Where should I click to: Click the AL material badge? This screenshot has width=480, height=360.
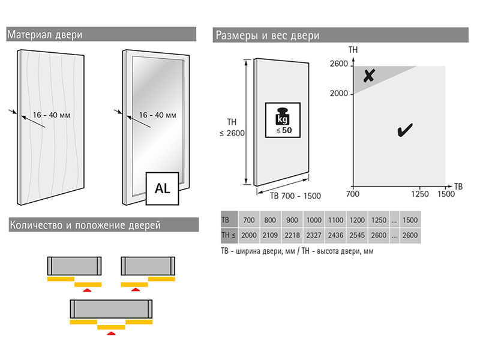pos(163,188)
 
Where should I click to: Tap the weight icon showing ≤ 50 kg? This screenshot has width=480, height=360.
pos(281,119)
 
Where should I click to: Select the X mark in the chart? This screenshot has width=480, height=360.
pos(369,76)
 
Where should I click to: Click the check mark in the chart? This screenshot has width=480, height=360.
pos(404,129)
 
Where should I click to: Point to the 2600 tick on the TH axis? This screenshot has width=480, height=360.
pos(339,65)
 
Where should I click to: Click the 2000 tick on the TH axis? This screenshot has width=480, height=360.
pos(339,94)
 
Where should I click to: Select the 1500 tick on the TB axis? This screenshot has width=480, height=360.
pos(446,194)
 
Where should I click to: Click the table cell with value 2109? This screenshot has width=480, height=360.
pos(271,236)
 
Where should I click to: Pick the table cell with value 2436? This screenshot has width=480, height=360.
pos(336,236)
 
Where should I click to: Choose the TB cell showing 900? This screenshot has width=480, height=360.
pos(292,220)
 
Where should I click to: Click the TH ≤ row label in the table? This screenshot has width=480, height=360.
pos(230,236)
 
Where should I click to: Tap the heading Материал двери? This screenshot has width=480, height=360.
pos(45,34)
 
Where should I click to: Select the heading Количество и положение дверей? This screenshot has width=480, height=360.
pos(85,226)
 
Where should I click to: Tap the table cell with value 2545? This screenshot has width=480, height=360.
pos(358,236)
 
